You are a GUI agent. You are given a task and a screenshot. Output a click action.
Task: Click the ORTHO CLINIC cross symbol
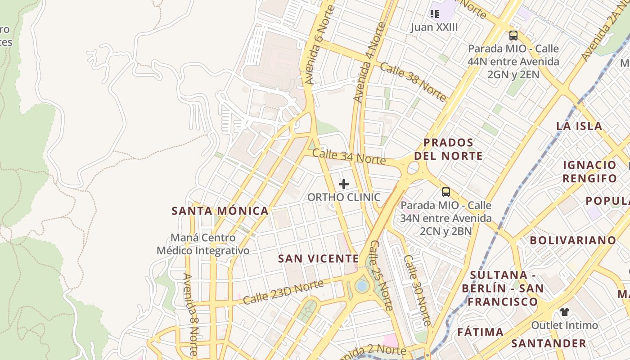coord(344,184)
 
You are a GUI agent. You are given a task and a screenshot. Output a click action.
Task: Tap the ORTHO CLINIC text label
coord(344,197)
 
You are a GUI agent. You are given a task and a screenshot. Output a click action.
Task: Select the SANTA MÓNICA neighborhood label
coord(220,211)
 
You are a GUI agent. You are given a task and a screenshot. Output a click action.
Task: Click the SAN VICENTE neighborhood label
coord(319,259)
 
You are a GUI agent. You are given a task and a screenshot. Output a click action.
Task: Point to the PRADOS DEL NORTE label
coord(448,149)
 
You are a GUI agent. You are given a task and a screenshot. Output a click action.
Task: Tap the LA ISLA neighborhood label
coord(579,126)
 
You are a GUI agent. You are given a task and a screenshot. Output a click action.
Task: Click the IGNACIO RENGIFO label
coord(590,171)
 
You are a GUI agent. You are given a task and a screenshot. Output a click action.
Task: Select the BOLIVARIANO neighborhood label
coord(573,240)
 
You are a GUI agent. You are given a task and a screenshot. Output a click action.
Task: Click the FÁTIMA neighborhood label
coord(481,333)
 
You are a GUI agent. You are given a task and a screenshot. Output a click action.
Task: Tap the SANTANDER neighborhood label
coord(549,343)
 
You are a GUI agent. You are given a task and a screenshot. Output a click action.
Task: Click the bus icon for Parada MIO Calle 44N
coord(513,36)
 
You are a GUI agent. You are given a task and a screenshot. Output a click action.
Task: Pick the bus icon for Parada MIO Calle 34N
coord(445,192)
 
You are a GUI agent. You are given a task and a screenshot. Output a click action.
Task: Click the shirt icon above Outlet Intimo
coord(565,311)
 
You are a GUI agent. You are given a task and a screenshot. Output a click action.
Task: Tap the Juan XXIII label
coord(434,27)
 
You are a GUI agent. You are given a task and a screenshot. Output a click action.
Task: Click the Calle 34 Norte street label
coord(349,156)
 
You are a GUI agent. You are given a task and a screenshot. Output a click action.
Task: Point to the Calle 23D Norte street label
coord(283,292)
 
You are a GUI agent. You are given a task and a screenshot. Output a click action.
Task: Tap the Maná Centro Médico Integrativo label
coord(203,244)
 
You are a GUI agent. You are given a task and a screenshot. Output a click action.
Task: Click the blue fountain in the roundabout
coord(362,286)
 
